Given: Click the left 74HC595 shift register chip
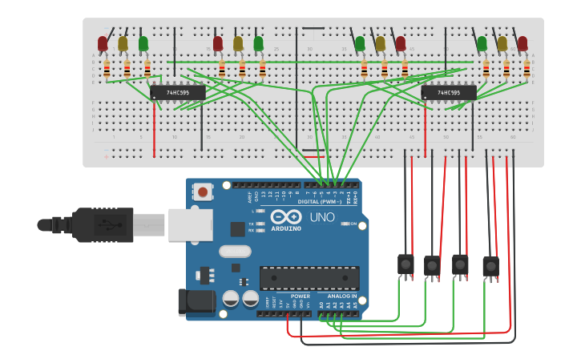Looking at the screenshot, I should [178, 93].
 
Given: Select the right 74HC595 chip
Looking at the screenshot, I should [449, 93].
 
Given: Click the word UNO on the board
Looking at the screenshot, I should [322, 217].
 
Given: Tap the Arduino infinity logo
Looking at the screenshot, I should [286, 217].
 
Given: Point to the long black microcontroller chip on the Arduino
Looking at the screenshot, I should [309, 278].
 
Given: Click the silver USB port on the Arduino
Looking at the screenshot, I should [190, 225].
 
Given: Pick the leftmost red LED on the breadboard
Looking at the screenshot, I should [103, 43].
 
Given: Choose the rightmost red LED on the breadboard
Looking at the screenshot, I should [522, 43].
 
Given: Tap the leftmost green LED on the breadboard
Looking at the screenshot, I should [143, 43].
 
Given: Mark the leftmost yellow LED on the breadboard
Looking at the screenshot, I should [123, 43].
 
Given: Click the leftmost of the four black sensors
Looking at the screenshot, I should [405, 264].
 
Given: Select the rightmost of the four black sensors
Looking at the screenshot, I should [490, 266].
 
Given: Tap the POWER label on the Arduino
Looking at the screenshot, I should [301, 296].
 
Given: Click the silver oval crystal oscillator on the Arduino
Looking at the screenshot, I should [235, 251].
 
